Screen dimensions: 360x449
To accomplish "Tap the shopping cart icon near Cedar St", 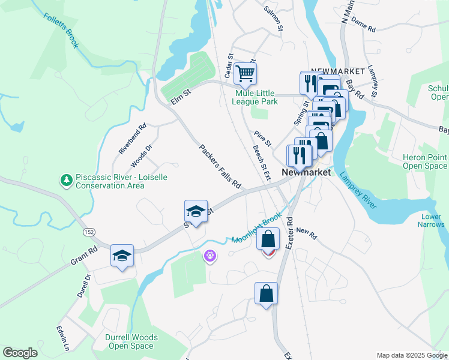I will pyautogui.click(x=245, y=74).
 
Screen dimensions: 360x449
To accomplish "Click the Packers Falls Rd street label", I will pyautogui.click(x=220, y=166).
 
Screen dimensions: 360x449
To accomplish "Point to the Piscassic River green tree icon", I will pyautogui.click(x=65, y=179).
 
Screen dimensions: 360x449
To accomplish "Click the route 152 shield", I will pyautogui.click(x=89, y=232).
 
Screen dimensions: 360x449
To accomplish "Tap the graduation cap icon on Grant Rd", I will pyautogui.click(x=122, y=256).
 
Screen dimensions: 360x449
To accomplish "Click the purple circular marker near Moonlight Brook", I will pyautogui.click(x=209, y=256).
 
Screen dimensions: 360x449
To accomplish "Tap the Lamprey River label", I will pyautogui.click(x=358, y=191).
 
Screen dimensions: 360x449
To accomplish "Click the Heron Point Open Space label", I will pyautogui.click(x=424, y=161).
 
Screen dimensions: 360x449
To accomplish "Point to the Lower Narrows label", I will pyautogui.click(x=432, y=220).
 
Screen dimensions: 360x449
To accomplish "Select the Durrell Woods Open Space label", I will pyautogui.click(x=130, y=341).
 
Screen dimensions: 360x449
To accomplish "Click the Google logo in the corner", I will pyautogui.click(x=20, y=353).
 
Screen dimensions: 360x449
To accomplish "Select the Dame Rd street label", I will pyautogui.click(x=363, y=25).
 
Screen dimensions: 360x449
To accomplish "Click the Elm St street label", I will pyautogui.click(x=180, y=96).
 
